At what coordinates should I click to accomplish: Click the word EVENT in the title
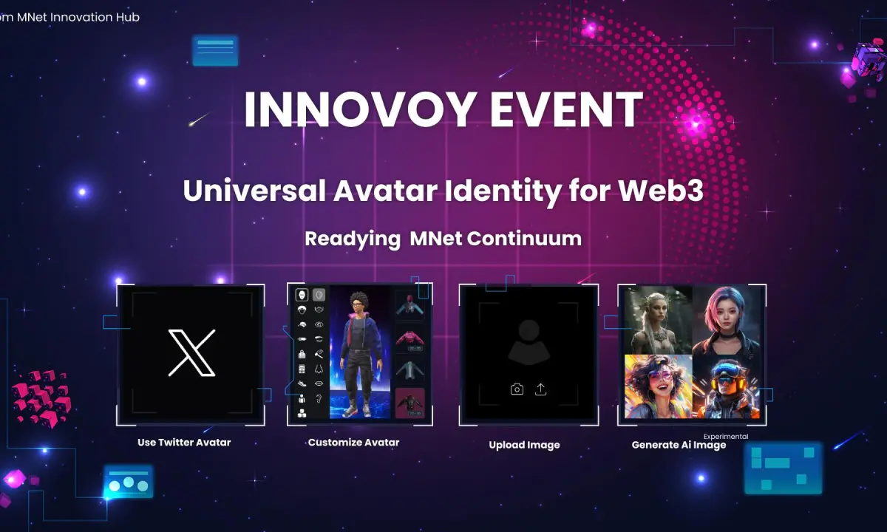[x=566, y=109]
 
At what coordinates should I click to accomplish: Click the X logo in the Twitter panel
[x=192, y=352]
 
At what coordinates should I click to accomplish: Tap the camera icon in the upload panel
[x=517, y=389]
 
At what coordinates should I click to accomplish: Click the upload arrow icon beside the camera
[x=540, y=389]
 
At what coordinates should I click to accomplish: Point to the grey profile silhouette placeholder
[x=529, y=342]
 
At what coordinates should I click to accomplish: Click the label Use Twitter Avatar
[x=184, y=443]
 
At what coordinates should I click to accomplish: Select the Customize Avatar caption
[x=353, y=443]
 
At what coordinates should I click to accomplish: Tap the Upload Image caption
[x=524, y=445]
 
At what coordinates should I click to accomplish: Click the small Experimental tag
[x=726, y=436]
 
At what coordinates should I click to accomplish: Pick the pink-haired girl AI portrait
[x=726, y=320]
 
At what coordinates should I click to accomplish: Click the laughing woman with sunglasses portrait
[x=659, y=386]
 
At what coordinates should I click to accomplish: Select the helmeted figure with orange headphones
[x=726, y=386]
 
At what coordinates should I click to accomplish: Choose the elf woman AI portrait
[x=659, y=320]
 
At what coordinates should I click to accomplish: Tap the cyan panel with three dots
[x=129, y=482]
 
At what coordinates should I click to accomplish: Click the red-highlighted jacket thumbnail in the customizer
[x=409, y=403]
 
